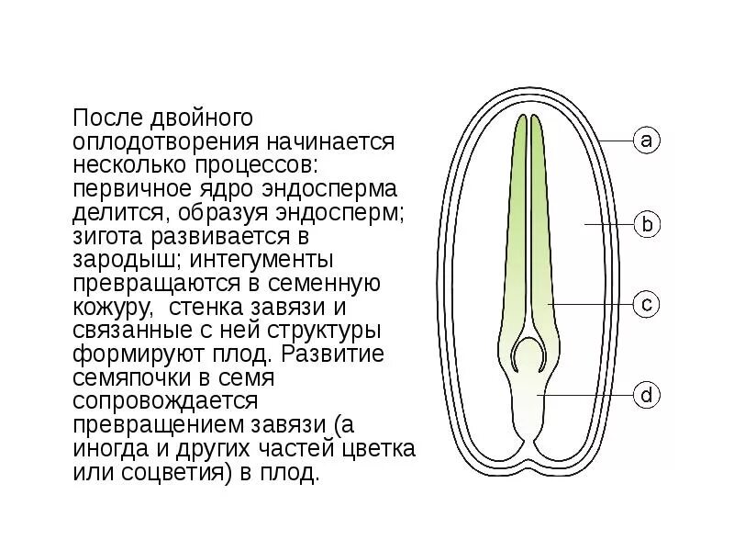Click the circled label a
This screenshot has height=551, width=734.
click(647, 141)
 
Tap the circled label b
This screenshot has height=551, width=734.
click(647, 223)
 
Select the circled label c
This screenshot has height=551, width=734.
click(647, 304)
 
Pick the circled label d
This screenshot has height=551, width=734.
click(647, 396)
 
